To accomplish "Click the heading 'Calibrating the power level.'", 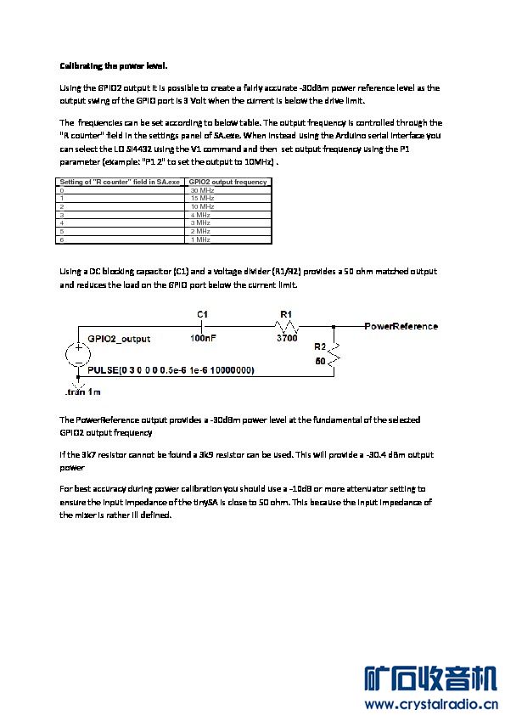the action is coord(114,66).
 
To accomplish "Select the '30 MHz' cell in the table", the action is coord(202,190).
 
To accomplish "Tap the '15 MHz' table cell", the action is coord(202,199).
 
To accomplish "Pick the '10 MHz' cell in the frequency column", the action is coord(202,206).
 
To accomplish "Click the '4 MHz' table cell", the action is coord(200,215).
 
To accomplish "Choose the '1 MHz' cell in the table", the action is coord(200,239).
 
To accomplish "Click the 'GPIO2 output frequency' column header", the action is coord(228,182).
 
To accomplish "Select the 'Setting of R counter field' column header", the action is coord(120,182).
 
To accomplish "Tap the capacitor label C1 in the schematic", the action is coord(202,314).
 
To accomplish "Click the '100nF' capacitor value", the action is coord(203,338).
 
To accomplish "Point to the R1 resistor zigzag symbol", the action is coord(286,326).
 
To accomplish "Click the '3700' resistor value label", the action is coord(287,338).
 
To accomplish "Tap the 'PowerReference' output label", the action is coord(401,326).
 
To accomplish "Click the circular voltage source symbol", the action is coord(78,354).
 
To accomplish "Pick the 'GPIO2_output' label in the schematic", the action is coord(119,339).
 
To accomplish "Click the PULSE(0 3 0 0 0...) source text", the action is coord(171,369).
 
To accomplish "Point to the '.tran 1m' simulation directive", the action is coord(83,391).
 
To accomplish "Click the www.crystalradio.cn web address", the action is coord(431,705).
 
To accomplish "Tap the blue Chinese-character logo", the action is coord(430,679).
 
